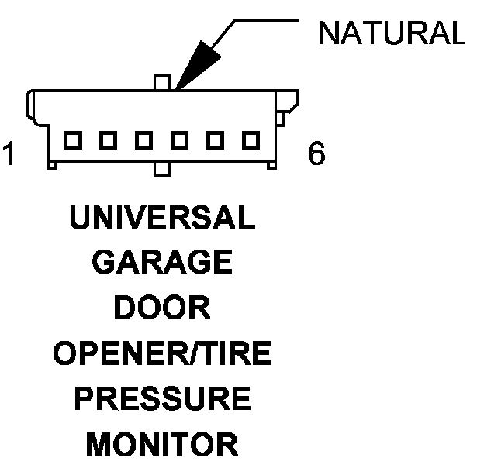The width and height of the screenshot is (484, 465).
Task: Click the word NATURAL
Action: (x=392, y=33)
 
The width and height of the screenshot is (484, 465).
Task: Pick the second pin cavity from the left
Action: (x=108, y=140)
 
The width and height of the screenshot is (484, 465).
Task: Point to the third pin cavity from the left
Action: (x=143, y=140)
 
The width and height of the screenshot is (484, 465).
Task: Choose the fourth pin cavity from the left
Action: (x=179, y=140)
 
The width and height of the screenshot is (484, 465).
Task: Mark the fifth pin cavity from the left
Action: (x=214, y=140)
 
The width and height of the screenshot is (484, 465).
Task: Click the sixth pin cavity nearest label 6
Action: (x=250, y=140)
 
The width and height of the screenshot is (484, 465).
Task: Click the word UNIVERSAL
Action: (x=162, y=219)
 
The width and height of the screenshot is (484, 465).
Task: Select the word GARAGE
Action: (x=162, y=263)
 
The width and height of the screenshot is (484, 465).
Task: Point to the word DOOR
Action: (x=162, y=308)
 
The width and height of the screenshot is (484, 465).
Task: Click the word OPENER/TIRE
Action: (x=162, y=354)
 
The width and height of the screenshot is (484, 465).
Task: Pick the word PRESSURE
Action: (x=162, y=399)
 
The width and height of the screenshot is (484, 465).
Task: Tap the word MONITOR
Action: (x=162, y=445)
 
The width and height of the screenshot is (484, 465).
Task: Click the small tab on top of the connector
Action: (x=161, y=82)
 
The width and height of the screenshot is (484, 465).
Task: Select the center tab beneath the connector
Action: (x=161, y=169)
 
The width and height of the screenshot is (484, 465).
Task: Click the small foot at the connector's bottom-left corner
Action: (x=52, y=164)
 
